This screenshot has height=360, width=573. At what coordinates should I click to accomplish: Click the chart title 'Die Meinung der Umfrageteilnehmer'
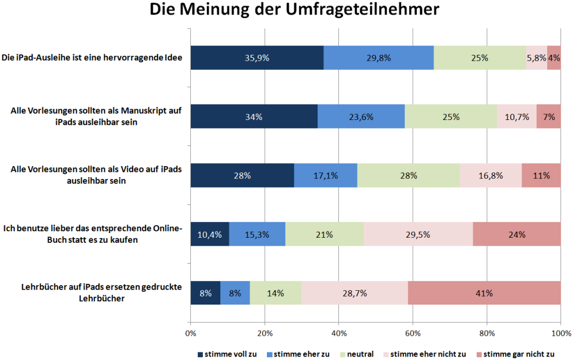[x=286, y=10]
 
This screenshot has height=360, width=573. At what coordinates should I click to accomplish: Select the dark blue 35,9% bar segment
[x=257, y=58]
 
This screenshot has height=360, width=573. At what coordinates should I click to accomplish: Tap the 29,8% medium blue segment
[x=378, y=58]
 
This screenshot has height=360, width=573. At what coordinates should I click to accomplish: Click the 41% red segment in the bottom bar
[x=484, y=293]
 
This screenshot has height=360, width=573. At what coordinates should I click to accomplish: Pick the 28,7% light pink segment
[x=355, y=293]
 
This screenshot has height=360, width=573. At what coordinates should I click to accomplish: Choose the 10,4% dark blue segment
[x=209, y=234]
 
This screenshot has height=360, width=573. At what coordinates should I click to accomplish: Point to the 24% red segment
[x=517, y=234]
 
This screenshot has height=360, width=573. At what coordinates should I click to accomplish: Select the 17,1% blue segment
[x=325, y=175]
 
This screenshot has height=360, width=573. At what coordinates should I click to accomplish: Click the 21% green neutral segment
[x=325, y=234]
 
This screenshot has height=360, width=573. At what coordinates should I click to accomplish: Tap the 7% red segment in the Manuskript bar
[x=549, y=117]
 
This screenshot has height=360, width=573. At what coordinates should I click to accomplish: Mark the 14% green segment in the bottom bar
[x=276, y=293]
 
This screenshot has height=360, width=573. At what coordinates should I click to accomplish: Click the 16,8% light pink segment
[x=491, y=175]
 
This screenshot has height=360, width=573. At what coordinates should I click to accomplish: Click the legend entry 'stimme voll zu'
[x=227, y=354]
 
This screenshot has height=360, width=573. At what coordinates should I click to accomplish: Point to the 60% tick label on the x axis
[x=412, y=333]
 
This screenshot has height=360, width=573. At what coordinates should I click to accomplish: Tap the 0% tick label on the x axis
[x=190, y=333]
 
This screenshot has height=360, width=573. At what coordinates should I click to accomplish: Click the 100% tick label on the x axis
[x=560, y=333]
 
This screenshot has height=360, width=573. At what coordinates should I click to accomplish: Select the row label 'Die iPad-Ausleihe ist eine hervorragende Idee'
[x=92, y=58]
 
